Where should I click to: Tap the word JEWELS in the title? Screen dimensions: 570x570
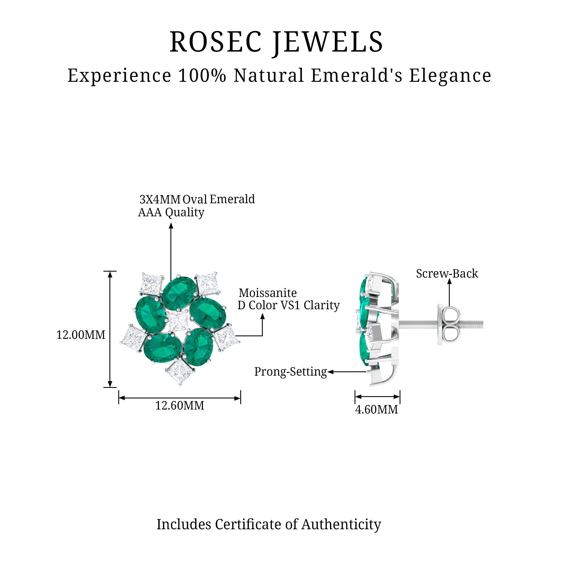(x=327, y=42)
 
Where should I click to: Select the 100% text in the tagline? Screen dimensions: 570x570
(x=202, y=75)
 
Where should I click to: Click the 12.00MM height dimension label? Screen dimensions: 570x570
(x=81, y=335)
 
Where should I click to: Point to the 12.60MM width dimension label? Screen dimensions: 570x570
(x=180, y=406)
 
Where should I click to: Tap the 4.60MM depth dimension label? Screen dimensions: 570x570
(x=376, y=410)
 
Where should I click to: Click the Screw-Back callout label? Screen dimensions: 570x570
(x=447, y=274)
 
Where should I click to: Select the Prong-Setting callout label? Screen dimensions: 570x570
(x=291, y=372)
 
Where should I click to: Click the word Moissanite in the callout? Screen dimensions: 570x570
(x=268, y=293)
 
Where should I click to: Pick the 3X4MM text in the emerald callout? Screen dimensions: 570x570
(x=160, y=200)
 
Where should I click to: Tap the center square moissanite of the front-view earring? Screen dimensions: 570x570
(x=178, y=321)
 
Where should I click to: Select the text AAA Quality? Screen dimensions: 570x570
(x=171, y=212)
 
